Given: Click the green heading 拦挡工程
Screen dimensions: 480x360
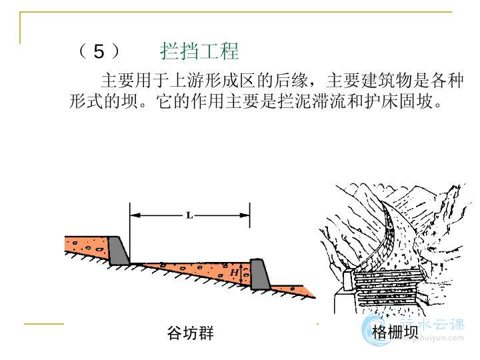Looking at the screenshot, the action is coord(199,51).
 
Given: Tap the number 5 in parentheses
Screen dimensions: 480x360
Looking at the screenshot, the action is coord(99,51).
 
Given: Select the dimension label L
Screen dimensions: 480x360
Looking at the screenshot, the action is coord(189,215).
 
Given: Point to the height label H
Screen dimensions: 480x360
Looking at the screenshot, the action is coord(235,272).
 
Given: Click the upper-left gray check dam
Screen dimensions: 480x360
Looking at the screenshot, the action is coord(119,251).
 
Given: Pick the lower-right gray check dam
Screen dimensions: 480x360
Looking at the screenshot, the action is coord(260,275).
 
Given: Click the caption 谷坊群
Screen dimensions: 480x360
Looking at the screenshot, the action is coord(191,333).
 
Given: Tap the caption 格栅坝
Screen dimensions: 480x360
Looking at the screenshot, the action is coord(395,332).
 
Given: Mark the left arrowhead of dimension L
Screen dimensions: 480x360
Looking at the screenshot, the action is coord(135,215).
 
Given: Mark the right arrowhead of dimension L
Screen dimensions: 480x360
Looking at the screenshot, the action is coord(244,215).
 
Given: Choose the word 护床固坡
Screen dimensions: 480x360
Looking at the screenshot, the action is coord(399,101).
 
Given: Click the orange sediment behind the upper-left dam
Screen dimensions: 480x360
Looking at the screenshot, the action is coord(87,246).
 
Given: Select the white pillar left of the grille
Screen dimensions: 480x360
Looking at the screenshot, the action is coord(348,279).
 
